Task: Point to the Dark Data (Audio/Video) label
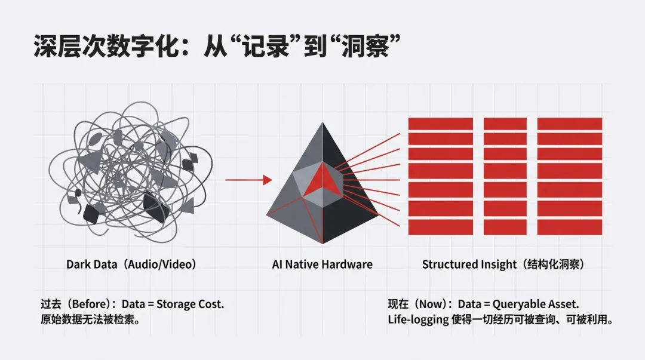[131, 264]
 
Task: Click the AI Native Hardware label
[321, 264]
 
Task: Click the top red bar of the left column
[440, 124]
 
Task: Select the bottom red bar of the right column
[570, 227]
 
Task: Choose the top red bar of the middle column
[505, 124]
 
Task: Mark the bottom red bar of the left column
[440, 227]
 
